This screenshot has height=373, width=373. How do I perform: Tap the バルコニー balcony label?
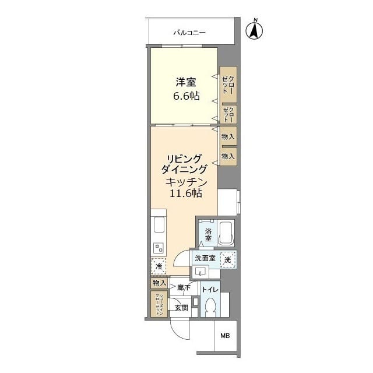(x=189, y=33)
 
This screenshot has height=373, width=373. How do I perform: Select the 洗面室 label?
(x=205, y=259)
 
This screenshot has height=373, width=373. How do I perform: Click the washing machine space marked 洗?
(x=228, y=260)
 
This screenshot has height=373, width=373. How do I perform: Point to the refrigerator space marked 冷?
(x=159, y=267)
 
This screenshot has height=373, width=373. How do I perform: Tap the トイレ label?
(x=210, y=290)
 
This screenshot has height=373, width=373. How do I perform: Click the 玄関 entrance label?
(x=181, y=307)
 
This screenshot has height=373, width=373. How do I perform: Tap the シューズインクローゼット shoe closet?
(x=158, y=304)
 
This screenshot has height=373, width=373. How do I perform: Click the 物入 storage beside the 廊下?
(x=159, y=283)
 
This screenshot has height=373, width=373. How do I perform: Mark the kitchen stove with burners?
(x=159, y=248)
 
